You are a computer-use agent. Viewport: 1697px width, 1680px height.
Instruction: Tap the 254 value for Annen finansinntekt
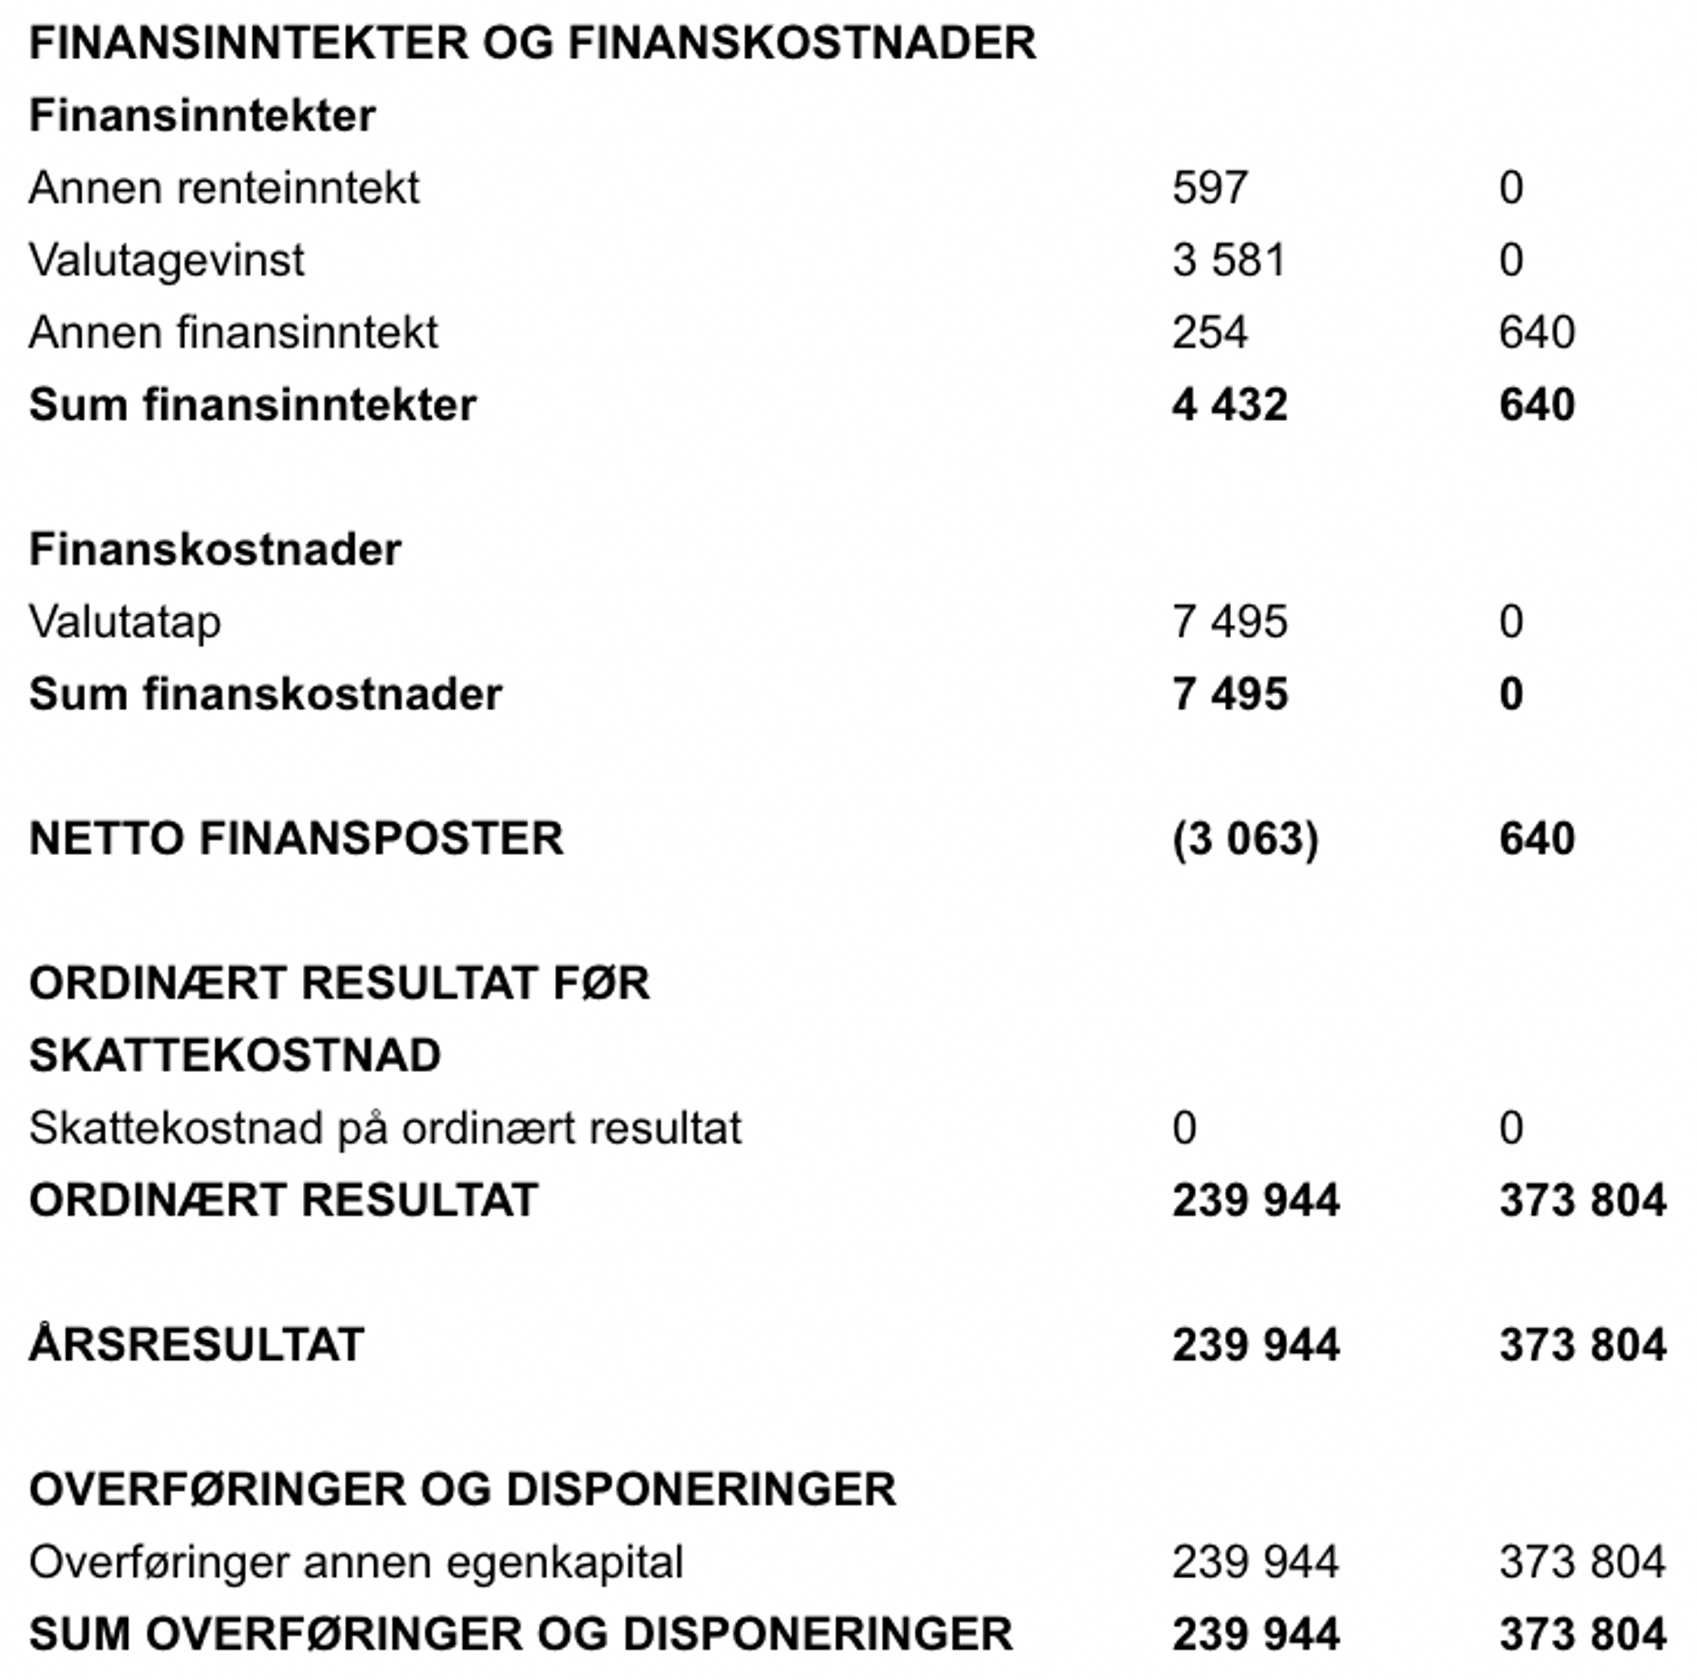(1210, 332)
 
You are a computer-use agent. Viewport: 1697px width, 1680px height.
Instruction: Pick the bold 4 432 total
(1229, 405)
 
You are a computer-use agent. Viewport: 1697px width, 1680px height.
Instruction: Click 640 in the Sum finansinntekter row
(1536, 405)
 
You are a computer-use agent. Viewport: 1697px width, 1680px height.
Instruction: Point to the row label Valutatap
(125, 622)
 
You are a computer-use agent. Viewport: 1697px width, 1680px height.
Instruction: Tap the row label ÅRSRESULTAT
(197, 1345)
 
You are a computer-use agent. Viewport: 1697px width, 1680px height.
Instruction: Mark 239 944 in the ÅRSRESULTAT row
(1255, 1345)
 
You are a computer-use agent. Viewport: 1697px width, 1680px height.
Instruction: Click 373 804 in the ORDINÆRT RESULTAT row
(1582, 1200)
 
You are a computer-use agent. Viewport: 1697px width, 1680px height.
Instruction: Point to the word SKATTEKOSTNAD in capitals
(235, 1055)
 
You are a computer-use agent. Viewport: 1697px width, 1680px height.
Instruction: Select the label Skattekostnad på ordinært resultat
(385, 1128)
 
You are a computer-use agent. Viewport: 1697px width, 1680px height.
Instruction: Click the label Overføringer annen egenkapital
(356, 1562)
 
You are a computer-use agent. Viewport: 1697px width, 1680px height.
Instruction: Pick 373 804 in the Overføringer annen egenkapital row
(1582, 1562)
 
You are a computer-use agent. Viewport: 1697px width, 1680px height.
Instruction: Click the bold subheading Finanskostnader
(215, 550)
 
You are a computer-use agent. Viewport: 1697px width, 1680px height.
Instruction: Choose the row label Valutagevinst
(167, 260)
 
